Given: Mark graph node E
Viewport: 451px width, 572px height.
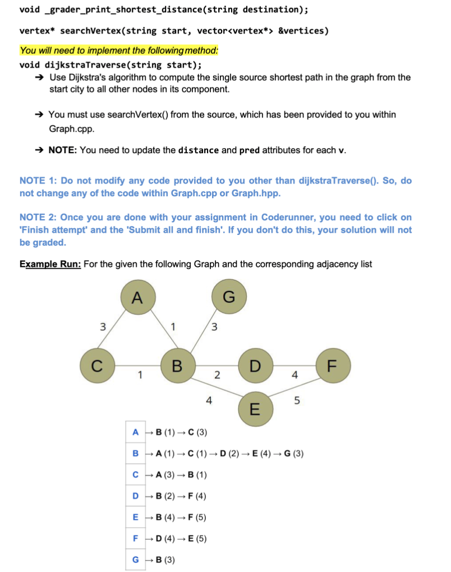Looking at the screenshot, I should pyautogui.click(x=254, y=409).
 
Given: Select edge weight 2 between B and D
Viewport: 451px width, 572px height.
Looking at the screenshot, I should pyautogui.click(x=217, y=374).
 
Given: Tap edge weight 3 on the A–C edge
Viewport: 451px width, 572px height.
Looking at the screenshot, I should pyautogui.click(x=102, y=325).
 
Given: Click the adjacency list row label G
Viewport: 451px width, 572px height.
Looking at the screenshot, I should pyautogui.click(x=135, y=559).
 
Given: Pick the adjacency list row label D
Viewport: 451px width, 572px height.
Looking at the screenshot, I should pyautogui.click(x=135, y=496).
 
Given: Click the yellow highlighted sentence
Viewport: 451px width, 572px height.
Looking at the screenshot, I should pyautogui.click(x=119, y=50).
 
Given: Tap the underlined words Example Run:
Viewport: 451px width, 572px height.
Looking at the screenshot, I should pyautogui.click(x=50, y=264).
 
